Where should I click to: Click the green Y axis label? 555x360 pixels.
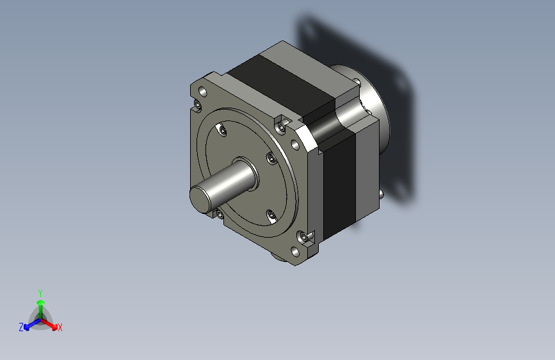[x=40, y=293]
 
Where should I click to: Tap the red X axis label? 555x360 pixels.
[x=60, y=327]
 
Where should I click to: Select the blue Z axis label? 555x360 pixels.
[x=21, y=327]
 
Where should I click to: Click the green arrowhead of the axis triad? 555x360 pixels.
[x=41, y=302]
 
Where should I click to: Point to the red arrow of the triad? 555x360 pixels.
[x=49, y=324]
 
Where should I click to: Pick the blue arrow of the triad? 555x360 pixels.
[x=33, y=324]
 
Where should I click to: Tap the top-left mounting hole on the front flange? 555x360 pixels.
[x=203, y=92]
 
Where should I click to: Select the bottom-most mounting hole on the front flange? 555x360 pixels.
[x=294, y=252]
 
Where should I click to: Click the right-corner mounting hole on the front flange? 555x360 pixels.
[x=294, y=145]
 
